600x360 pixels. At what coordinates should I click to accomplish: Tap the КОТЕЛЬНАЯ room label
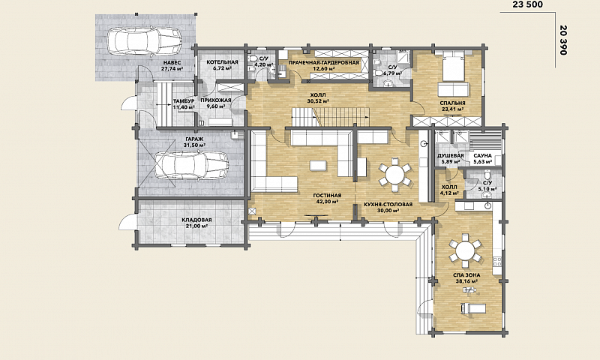pos(222,62)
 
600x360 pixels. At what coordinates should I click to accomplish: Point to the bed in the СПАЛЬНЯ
pos(454,67)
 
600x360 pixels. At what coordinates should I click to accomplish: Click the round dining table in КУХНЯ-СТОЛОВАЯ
pos(394,175)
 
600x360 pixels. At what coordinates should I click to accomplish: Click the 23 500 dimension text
pos(527,4)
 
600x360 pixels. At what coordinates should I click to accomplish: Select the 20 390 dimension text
pos(562,40)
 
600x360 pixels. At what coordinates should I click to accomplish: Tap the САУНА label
pos(482,156)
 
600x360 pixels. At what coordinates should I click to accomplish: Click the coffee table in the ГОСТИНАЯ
pos(318,165)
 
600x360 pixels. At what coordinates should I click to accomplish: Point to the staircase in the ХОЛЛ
pos(331,117)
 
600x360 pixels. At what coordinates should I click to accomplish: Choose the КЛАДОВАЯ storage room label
pos(196,220)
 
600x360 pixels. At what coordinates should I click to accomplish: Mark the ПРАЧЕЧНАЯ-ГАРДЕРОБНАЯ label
pos(324,62)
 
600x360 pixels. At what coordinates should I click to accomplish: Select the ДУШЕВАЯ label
pos(451,156)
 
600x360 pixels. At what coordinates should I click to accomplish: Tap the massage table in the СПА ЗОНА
pos(473,308)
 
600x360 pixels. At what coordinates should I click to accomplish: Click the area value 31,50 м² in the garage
pos(195,145)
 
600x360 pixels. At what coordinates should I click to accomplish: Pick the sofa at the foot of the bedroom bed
pos(454,88)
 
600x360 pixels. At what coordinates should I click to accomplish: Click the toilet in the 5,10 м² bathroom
pos(487,175)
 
